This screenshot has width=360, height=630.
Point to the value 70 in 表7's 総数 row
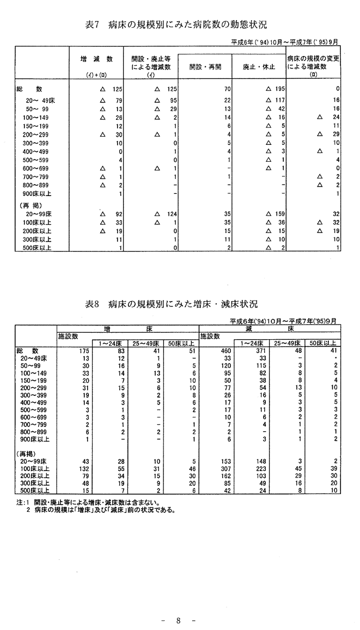(x=228, y=88)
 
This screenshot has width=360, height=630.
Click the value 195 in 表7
(x=281, y=88)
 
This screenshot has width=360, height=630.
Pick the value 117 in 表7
(x=281, y=100)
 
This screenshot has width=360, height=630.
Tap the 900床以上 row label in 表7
(x=36, y=194)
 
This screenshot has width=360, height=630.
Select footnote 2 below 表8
(x=100, y=510)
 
